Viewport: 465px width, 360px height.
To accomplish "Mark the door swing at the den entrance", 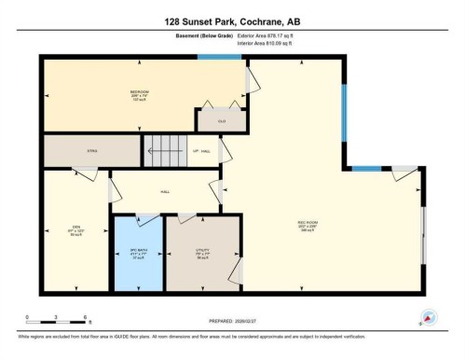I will coord(87,173).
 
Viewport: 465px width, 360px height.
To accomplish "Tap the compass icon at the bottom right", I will coord(428,316).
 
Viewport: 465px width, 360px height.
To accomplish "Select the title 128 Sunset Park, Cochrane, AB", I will coord(233,21).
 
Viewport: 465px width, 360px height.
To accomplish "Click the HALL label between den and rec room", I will coord(165,192).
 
